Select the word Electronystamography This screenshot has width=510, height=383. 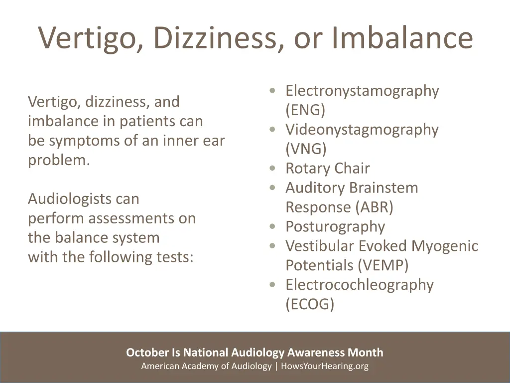[362, 91]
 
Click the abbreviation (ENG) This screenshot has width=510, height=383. [305, 110]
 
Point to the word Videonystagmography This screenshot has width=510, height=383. [362, 130]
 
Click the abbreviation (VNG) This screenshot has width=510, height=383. [306, 149]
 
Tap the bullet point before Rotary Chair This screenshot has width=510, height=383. [272, 169]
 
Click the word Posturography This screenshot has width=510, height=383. [335, 226]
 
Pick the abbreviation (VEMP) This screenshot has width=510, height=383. [383, 265]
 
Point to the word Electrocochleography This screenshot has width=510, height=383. [359, 285]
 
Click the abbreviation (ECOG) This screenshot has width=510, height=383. [310, 304]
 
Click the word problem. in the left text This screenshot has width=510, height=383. [59, 160]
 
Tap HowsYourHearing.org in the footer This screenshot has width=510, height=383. [325, 366]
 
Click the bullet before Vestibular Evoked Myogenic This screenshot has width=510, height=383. [272, 246]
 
